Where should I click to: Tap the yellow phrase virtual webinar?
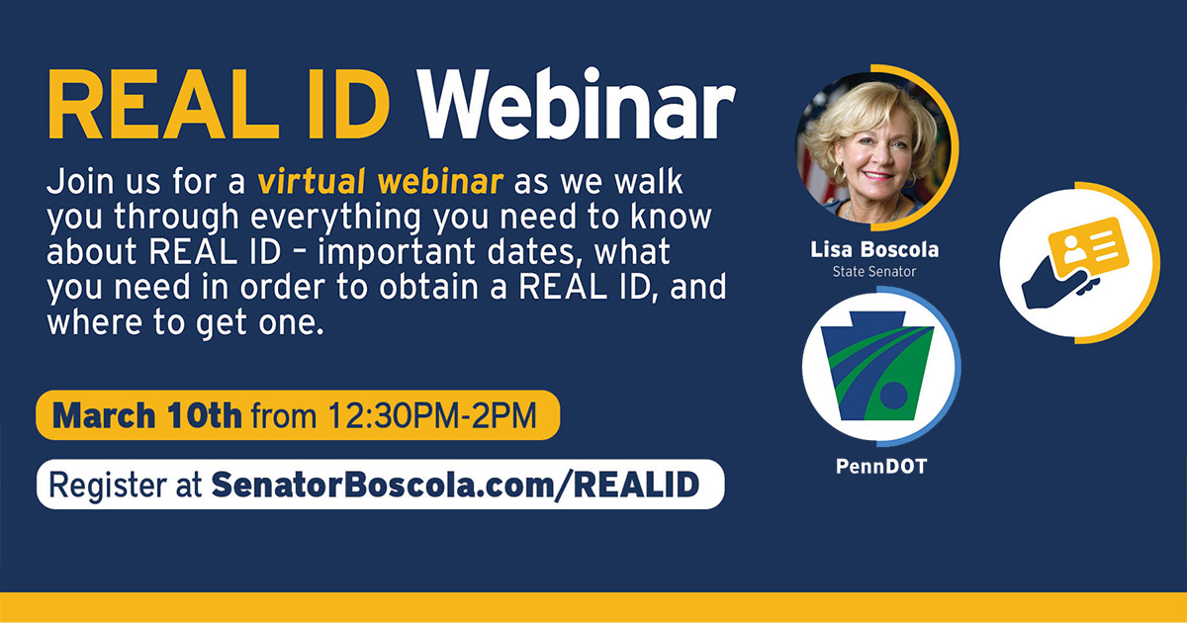tap(382, 184)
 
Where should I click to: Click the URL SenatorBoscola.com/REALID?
tap(454, 485)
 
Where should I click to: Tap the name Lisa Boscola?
tap(874, 251)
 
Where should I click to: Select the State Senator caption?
tap(874, 270)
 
